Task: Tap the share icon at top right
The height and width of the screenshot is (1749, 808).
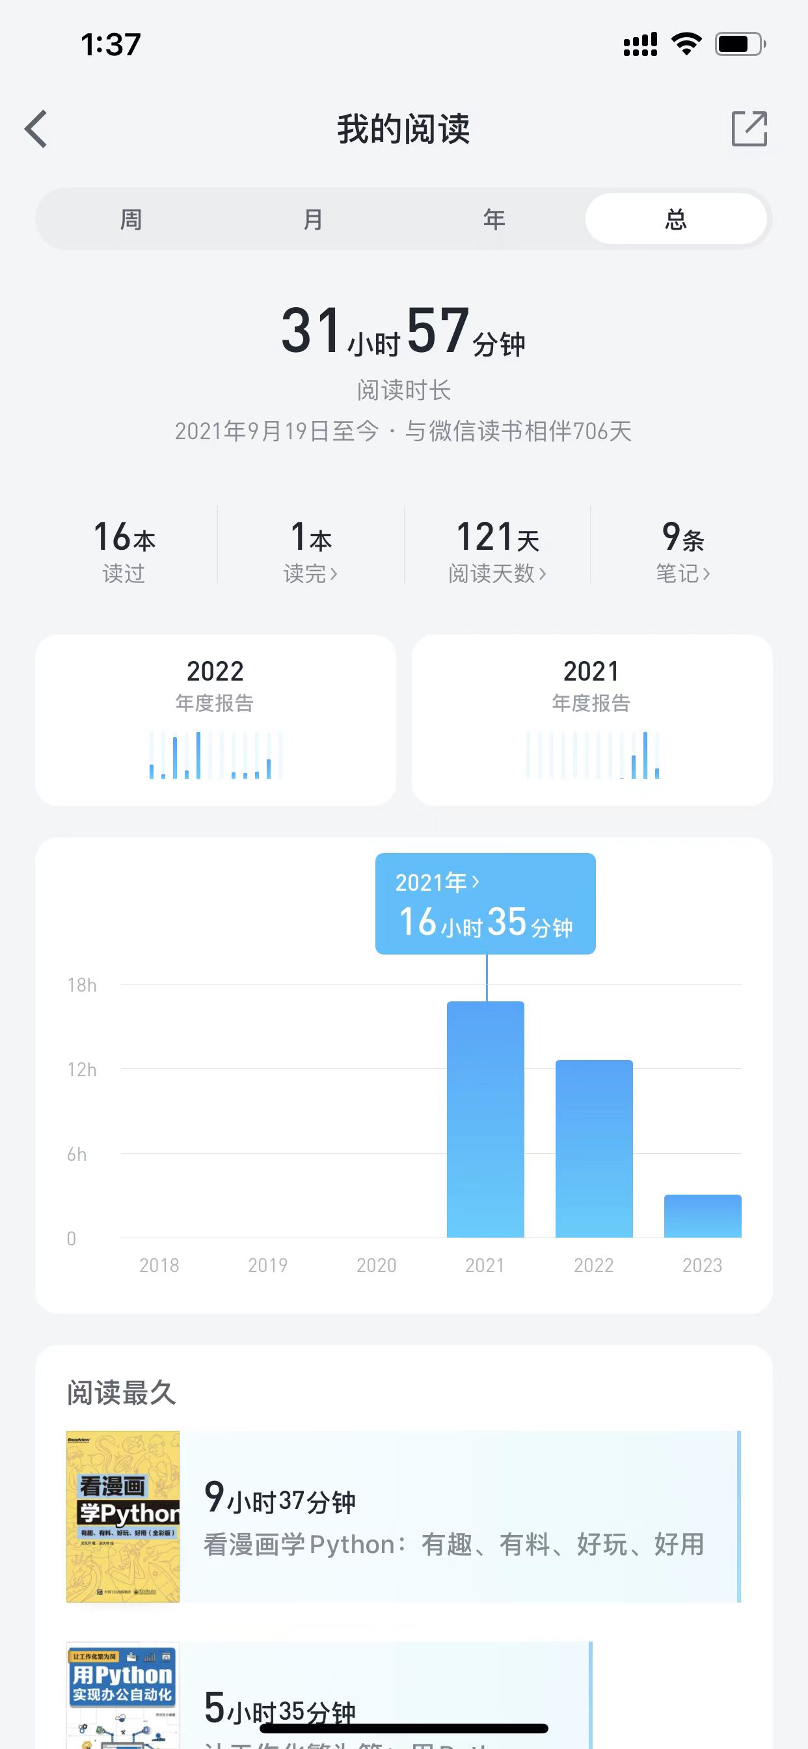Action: pos(749,128)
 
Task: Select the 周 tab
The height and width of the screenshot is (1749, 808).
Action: pos(131,219)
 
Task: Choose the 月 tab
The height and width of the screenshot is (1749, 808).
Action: pos(312,219)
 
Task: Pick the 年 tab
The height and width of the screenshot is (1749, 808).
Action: pos(494,219)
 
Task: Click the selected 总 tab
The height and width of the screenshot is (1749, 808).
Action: pos(675,219)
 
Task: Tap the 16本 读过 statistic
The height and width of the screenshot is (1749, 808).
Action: pos(124,550)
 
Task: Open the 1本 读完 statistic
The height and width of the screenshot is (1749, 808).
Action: pos(311,550)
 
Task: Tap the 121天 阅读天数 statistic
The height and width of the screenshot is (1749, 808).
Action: pos(497,550)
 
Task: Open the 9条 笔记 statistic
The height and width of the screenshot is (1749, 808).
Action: pos(683,550)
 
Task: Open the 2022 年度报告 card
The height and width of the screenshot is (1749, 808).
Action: pos(215,720)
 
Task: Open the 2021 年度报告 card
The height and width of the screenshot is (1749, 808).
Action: pos(591,720)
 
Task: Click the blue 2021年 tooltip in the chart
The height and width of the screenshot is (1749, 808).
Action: pos(485,904)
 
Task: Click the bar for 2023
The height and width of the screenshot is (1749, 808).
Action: pos(702,1216)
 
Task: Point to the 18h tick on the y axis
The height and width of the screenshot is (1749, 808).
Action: pos(81,985)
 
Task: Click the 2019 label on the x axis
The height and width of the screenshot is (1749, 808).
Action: pos(267,1265)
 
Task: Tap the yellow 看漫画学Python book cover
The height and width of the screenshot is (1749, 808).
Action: pos(123,1516)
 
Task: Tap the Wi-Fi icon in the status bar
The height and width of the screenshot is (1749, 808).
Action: pos(686,44)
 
